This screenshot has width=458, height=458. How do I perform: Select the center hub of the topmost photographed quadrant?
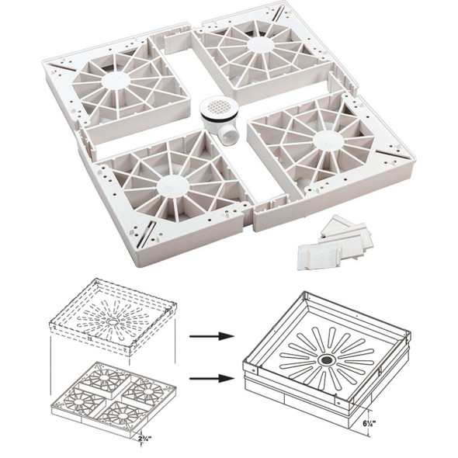point(258,45)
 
